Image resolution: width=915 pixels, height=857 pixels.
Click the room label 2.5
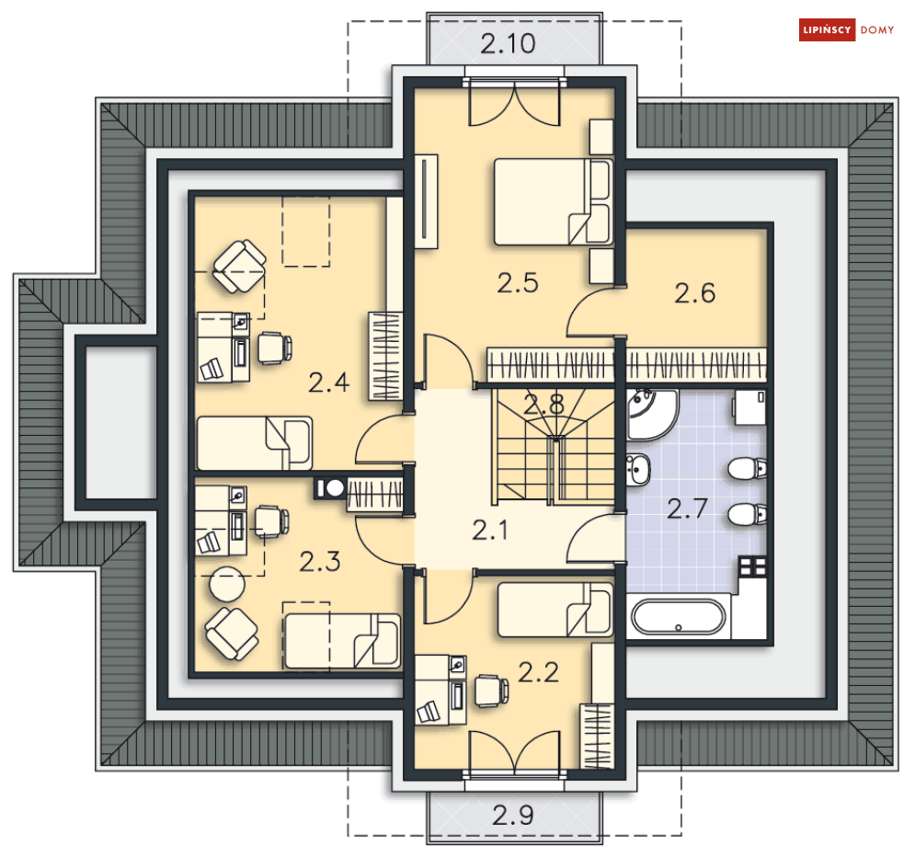point(518,283)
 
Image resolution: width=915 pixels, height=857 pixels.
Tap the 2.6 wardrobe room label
point(694,292)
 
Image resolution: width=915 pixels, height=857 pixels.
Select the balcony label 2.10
point(508,44)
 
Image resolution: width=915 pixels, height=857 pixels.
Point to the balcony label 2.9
point(512,815)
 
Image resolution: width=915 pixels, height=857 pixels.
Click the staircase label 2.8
point(543,405)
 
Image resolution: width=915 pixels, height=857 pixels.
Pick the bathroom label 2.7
point(688,508)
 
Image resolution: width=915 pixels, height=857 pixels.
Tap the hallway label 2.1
point(489,531)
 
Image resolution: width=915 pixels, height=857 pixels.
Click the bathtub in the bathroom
point(678,617)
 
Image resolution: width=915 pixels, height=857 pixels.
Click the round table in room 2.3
point(227,584)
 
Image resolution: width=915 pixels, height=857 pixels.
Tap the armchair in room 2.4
point(239,267)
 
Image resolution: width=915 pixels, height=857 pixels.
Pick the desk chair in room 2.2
point(491,691)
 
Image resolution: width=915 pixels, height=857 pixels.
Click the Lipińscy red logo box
point(827,29)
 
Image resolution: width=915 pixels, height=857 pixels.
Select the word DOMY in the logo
point(877,30)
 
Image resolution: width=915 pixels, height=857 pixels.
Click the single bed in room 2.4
point(255,443)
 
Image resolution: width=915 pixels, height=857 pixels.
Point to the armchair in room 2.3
point(232,634)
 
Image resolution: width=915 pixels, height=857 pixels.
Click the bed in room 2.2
point(555,610)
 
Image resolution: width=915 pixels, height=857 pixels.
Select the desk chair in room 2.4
point(275,349)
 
